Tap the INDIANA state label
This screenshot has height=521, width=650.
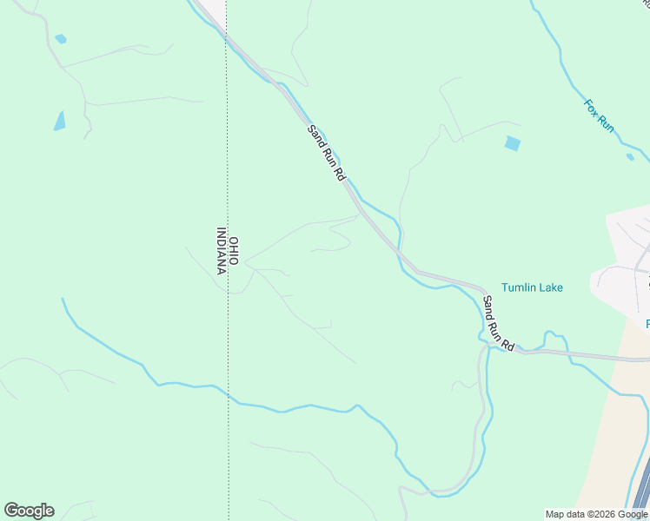click(222, 251)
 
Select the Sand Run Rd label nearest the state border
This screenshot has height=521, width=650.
click(327, 152)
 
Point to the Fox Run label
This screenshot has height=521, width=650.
click(599, 115)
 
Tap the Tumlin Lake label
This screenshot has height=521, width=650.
click(533, 287)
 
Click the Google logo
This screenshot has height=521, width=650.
click(29, 511)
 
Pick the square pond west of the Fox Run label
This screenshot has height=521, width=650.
click(513, 143)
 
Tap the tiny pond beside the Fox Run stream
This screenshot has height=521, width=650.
click(630, 157)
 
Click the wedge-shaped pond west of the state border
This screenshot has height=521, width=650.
click(59, 121)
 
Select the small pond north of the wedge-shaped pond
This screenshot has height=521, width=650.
click(60, 39)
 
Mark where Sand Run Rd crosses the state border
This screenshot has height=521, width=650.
click(227, 36)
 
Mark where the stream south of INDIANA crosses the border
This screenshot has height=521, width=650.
click(229, 395)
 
